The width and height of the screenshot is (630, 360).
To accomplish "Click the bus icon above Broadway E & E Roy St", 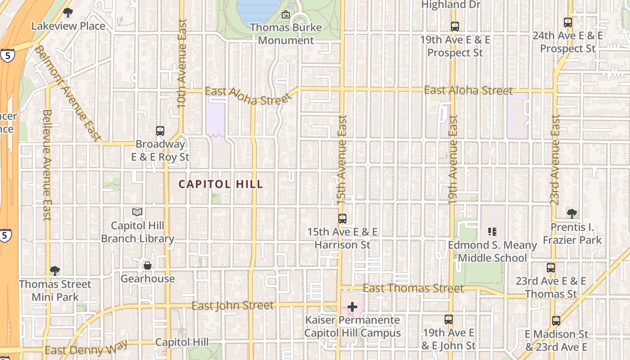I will (160, 131).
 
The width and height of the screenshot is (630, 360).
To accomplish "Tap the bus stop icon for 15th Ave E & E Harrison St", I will (342, 219).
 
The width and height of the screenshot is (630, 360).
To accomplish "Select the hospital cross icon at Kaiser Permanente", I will (352, 307).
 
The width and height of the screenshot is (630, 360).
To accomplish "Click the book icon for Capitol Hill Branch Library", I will (137, 212).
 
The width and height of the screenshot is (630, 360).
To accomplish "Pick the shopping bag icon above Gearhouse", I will (147, 265).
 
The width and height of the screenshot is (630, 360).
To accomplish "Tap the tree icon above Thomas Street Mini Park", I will (55, 271).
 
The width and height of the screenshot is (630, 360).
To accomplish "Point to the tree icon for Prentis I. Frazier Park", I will (571, 213).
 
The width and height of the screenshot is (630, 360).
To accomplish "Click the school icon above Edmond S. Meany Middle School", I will (492, 232).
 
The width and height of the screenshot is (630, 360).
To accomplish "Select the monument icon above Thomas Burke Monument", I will (285, 14).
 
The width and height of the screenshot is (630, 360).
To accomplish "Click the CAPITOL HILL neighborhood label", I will (220, 184).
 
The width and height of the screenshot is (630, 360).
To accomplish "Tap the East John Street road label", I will (232, 306).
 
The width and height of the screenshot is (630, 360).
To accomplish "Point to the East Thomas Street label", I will (413, 288).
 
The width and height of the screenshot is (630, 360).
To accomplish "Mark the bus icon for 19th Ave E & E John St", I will (448, 319).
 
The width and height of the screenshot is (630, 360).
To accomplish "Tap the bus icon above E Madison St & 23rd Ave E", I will (556, 321).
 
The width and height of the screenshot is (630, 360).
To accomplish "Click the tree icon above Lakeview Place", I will (68, 13).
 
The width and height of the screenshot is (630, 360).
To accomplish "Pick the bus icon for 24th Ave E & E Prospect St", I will (568, 22).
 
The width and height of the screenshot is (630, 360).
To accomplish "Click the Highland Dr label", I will (451, 4).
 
